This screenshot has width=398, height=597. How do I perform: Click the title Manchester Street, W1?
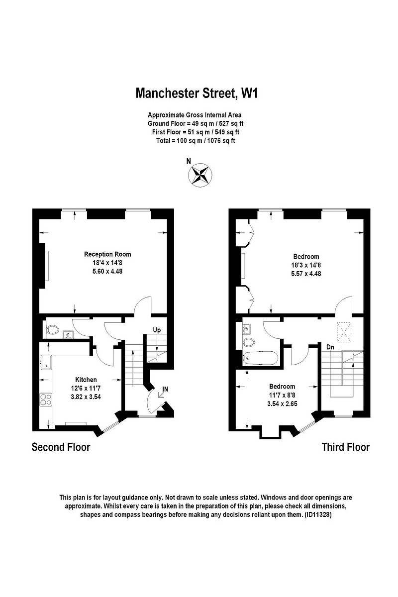click(x=198, y=93)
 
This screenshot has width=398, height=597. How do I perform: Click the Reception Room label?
click(x=107, y=254)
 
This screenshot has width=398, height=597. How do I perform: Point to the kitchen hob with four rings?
click(x=46, y=399)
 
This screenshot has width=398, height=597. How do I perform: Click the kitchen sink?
click(x=47, y=362)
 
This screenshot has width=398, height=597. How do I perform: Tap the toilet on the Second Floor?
click(x=52, y=329)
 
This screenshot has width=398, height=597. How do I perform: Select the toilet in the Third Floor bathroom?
click(x=249, y=342)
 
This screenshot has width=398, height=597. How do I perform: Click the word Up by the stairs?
click(x=157, y=330)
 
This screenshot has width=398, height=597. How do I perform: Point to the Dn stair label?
click(x=330, y=347)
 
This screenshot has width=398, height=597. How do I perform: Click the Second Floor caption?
click(x=61, y=447)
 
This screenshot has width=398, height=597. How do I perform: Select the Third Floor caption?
click(x=345, y=447)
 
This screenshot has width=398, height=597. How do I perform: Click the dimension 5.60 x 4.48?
click(x=107, y=271)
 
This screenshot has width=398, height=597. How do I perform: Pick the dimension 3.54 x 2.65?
click(x=282, y=403)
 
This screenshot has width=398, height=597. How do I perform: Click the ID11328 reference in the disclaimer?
click(x=317, y=514)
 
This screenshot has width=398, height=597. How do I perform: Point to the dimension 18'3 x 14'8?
click(x=306, y=265)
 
